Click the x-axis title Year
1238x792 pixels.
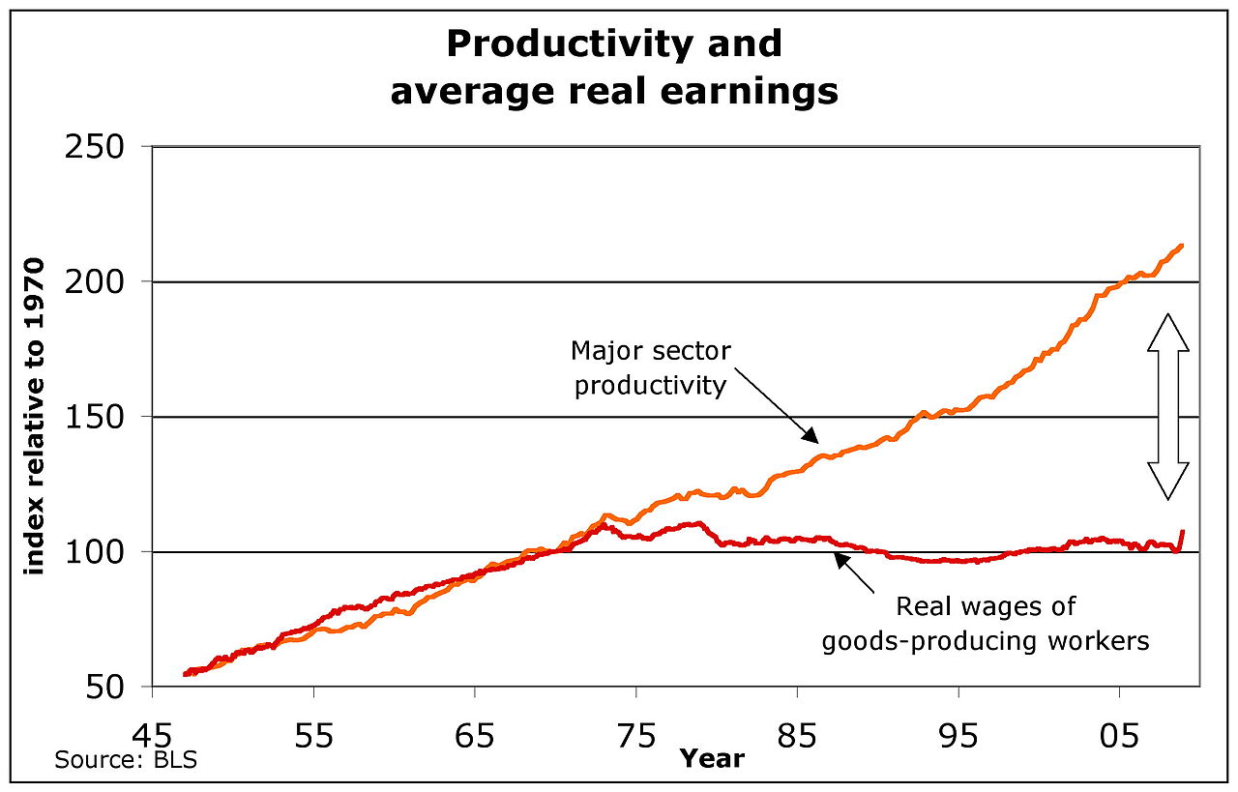712,758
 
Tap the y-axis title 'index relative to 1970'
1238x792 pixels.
37,416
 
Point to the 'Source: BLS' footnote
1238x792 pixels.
126,760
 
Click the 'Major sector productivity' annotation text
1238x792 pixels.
649,367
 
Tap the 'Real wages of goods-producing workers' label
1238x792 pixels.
986,624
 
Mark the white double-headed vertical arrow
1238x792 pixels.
1167,406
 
